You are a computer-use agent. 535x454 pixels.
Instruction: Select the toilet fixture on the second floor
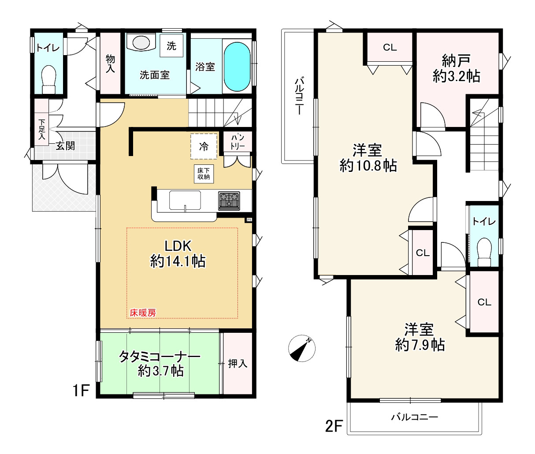click(x=484, y=252)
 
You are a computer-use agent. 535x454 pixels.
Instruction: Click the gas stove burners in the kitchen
click(x=229, y=201)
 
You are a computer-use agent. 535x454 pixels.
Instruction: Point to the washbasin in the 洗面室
click(x=141, y=43)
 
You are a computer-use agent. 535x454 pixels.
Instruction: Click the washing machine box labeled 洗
click(x=171, y=46)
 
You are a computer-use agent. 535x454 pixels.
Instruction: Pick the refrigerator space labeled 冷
click(x=204, y=146)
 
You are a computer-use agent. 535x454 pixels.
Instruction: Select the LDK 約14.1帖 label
click(x=178, y=254)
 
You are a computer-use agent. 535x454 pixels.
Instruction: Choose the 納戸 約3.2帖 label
click(x=456, y=68)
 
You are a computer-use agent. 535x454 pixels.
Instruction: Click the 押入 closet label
click(x=238, y=363)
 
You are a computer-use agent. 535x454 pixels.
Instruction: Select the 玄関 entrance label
click(x=65, y=146)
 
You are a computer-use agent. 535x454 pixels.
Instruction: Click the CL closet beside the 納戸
click(x=390, y=48)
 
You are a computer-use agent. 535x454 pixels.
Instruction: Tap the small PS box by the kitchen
click(x=249, y=219)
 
